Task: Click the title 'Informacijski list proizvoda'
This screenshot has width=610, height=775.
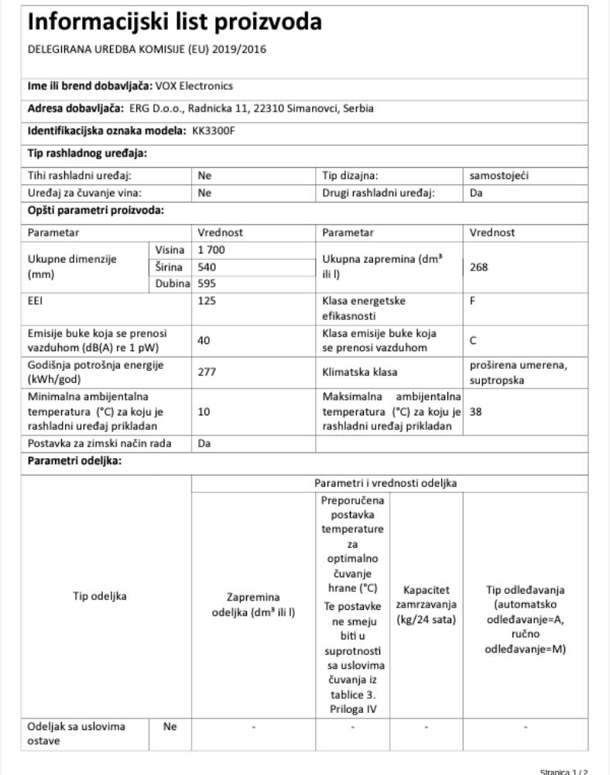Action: [x=174, y=23]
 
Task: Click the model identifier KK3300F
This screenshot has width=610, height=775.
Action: [x=214, y=130]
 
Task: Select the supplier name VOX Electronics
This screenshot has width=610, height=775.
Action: [x=194, y=86]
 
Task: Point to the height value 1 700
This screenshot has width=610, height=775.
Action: [x=211, y=250]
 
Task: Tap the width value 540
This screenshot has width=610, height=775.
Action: [x=207, y=267]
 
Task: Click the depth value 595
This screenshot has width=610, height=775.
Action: [x=207, y=283]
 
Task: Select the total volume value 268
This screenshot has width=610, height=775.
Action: [x=479, y=267]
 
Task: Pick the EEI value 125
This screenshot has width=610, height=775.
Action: [x=207, y=298]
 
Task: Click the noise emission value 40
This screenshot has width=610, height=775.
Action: [x=204, y=339]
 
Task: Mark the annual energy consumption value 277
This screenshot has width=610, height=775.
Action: [x=207, y=371]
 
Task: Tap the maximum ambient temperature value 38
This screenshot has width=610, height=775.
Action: [x=476, y=412]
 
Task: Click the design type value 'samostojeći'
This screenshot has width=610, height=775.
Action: [x=501, y=176]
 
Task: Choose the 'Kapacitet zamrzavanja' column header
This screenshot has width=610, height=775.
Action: [x=427, y=605]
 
